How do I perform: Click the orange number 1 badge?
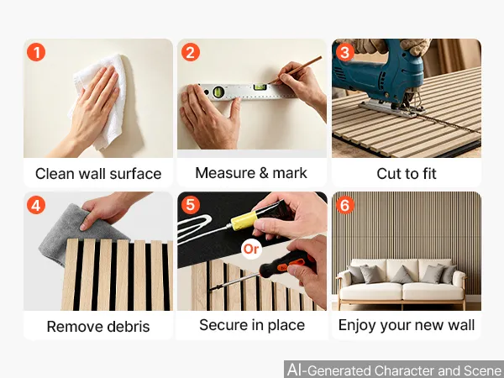click(36, 52)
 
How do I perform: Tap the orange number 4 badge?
click(36, 205)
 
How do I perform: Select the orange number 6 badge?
click(344, 205)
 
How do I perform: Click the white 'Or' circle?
click(251, 249)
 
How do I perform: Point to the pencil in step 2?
click(295, 70)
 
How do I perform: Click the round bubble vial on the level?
click(218, 92)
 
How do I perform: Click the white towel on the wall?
click(100, 100)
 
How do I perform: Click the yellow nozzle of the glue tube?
click(244, 221)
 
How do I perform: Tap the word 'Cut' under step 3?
click(387, 174)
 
